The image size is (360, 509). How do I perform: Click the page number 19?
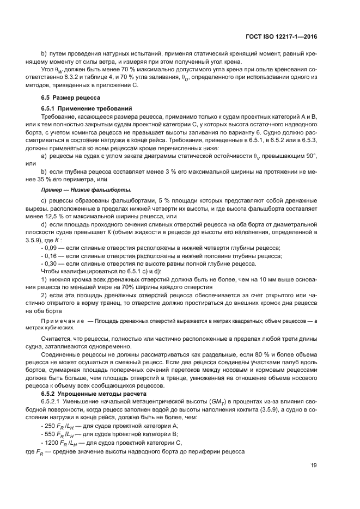313,464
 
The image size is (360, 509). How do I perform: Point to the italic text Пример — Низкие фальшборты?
86,189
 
